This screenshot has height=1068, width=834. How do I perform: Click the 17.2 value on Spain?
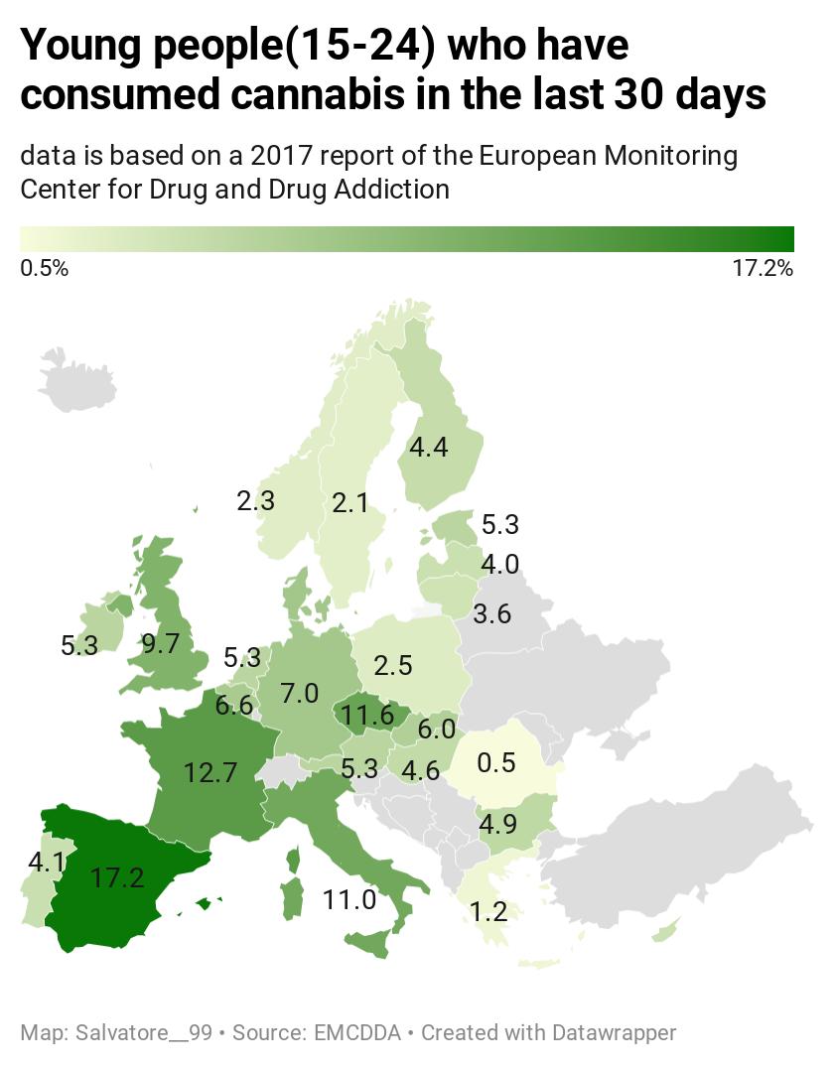tap(117, 877)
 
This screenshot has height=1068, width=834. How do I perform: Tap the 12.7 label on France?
tap(210, 771)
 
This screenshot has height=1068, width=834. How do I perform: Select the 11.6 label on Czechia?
tap(367, 714)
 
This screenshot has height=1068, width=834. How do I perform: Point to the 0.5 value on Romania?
tap(496, 763)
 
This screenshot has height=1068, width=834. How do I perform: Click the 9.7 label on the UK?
tap(160, 644)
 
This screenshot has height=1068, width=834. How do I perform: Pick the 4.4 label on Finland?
tap(429, 448)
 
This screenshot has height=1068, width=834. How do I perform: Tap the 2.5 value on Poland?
tap(392, 664)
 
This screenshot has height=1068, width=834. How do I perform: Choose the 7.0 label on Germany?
tap(299, 693)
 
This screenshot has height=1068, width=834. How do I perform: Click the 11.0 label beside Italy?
tap(349, 900)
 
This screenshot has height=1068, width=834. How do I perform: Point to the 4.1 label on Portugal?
tap(46, 862)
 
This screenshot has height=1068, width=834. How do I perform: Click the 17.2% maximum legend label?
tap(763, 268)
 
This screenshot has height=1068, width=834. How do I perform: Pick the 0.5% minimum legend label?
tap(45, 268)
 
